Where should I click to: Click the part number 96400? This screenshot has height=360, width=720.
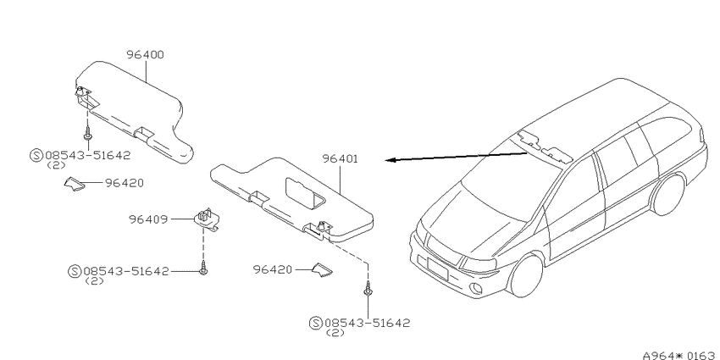tap(145, 55)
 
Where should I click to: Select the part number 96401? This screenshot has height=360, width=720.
tap(341, 159)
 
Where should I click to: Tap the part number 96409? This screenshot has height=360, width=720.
tap(148, 219)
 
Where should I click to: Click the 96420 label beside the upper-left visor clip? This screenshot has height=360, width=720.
tap(125, 183)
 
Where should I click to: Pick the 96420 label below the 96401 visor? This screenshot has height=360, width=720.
tap(273, 269)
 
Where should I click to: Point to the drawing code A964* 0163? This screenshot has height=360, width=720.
tap(680, 355)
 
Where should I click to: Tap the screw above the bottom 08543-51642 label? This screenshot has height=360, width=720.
tap(368, 291)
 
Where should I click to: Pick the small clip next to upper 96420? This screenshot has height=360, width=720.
tap(75, 183)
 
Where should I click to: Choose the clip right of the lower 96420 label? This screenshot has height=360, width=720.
tap(323, 270)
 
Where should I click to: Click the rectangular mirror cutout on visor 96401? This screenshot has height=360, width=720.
tap(305, 194)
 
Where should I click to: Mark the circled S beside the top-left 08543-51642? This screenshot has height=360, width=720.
tap(36, 155)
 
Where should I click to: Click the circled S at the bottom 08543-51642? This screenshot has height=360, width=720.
tap(315, 324)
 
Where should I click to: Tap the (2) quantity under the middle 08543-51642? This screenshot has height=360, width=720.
tap(95, 281)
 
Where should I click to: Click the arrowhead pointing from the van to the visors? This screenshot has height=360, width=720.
tap(390, 160)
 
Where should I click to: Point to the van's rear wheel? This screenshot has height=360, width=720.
tap(668, 195)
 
